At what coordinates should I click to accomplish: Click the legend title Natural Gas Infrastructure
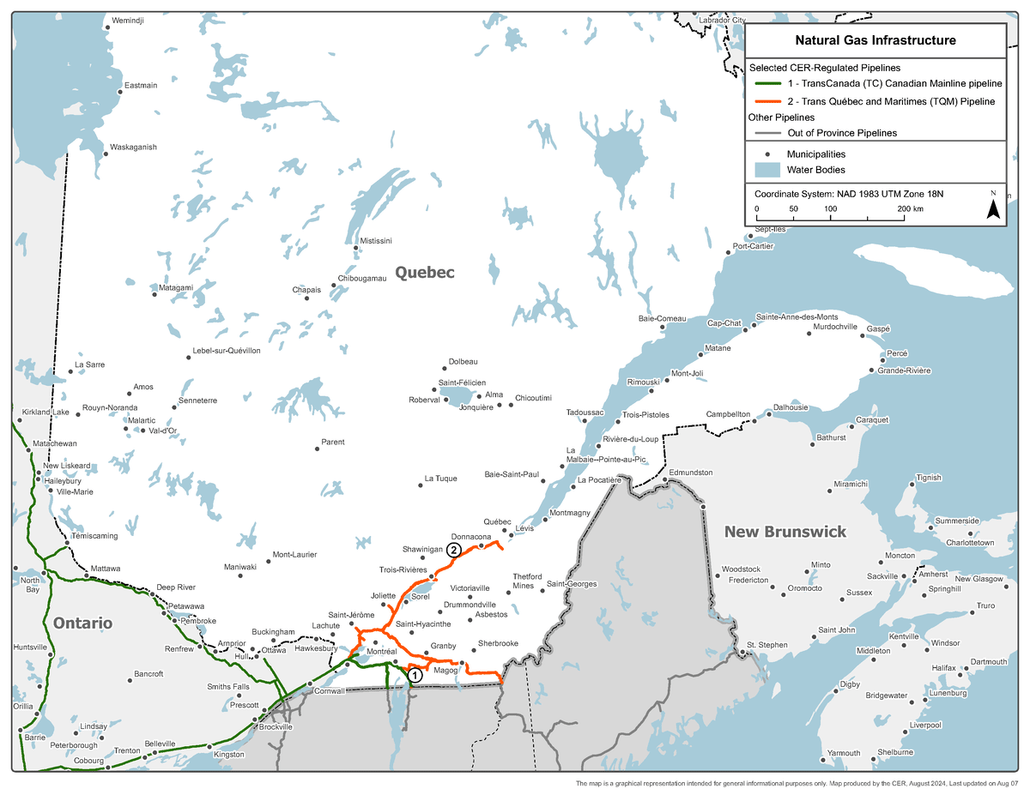click(875, 40)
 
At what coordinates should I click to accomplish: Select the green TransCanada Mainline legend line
click(770, 84)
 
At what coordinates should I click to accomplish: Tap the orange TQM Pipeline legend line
click(770, 101)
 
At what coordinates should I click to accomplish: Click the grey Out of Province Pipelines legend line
click(770, 133)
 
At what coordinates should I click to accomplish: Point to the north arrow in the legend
click(993, 207)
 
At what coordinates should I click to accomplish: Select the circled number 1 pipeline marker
click(414, 675)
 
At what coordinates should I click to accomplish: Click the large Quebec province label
click(424, 272)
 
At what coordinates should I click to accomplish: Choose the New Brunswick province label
click(785, 532)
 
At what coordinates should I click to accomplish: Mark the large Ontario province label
click(83, 623)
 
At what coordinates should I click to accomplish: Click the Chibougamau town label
click(362, 279)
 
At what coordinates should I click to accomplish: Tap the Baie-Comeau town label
click(662, 318)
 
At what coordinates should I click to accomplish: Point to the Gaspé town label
click(878, 328)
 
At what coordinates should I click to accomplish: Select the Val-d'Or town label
click(162, 431)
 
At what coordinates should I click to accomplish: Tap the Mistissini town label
click(376, 240)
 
